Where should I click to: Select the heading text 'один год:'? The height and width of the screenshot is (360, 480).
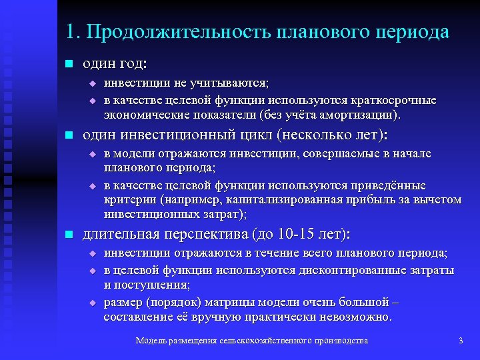tap(115, 64)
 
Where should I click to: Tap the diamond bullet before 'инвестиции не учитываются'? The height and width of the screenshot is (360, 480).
tap(93, 83)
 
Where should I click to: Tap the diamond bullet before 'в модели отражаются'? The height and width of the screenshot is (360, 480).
tap(93, 154)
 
